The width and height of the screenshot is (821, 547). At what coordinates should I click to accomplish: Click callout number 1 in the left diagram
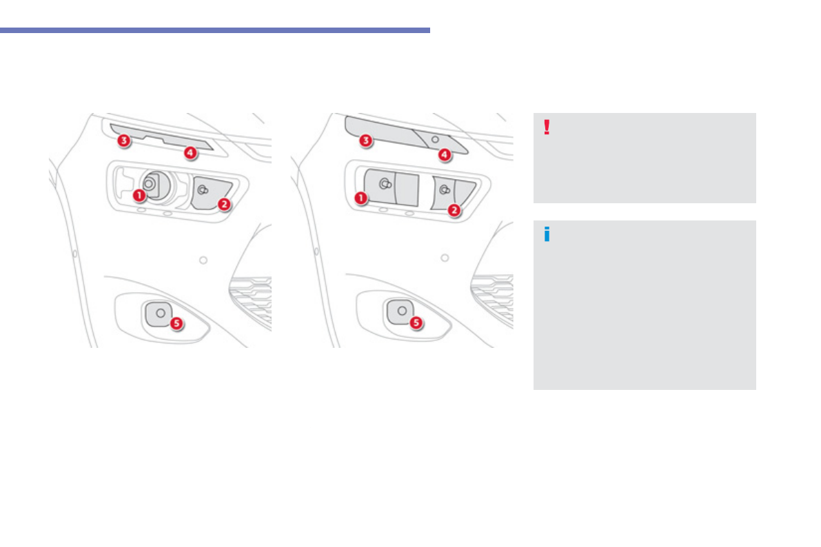(139, 195)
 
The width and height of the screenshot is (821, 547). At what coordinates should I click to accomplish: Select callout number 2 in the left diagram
(224, 204)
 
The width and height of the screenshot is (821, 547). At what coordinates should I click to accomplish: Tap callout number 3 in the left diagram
(123, 141)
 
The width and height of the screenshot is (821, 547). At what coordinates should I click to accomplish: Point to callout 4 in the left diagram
(190, 153)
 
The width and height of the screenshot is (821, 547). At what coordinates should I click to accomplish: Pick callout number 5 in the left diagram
(176, 324)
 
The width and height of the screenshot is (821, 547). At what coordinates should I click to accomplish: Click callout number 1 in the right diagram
(361, 198)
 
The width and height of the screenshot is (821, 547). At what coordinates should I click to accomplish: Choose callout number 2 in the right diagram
(454, 210)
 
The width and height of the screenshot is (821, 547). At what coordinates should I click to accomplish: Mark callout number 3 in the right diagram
(365, 141)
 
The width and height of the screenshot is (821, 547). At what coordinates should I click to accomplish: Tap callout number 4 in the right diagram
(445, 155)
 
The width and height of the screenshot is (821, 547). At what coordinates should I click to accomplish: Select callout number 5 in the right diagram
(416, 323)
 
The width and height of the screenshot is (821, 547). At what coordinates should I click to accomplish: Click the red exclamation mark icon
(547, 127)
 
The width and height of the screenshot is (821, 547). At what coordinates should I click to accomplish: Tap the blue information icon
(547, 234)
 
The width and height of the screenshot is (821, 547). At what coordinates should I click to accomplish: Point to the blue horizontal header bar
(214, 30)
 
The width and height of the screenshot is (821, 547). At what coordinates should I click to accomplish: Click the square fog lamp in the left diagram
(158, 313)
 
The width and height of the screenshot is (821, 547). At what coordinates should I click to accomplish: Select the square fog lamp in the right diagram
(400, 311)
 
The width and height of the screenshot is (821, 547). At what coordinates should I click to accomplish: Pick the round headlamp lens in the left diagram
(154, 185)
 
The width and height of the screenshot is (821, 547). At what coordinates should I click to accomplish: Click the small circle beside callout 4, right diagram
(435, 140)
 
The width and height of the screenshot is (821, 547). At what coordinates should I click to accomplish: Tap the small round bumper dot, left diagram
(203, 260)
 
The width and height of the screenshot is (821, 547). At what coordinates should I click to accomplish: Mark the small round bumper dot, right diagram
(445, 258)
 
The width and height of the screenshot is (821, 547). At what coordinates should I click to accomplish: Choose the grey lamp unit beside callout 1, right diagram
(392, 187)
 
